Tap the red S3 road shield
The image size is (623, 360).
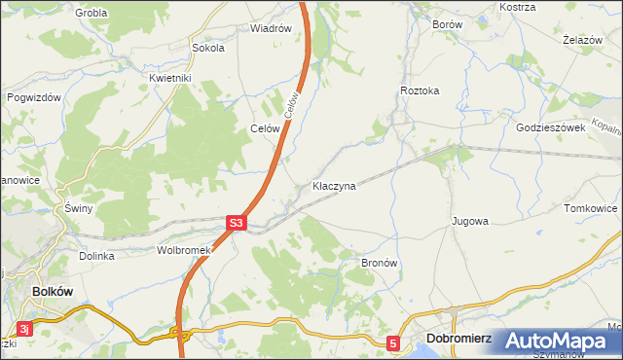[237, 224]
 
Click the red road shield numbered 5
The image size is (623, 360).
[393, 342]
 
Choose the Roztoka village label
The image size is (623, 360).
[420, 90]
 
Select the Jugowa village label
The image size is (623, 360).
[469, 221]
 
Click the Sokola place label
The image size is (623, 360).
[208, 47]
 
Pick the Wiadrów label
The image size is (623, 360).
[271, 28]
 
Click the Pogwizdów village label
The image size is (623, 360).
[34, 97]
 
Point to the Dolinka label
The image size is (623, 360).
[97, 256]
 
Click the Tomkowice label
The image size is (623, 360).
[591, 208]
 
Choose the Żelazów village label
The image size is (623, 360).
[580, 40]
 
